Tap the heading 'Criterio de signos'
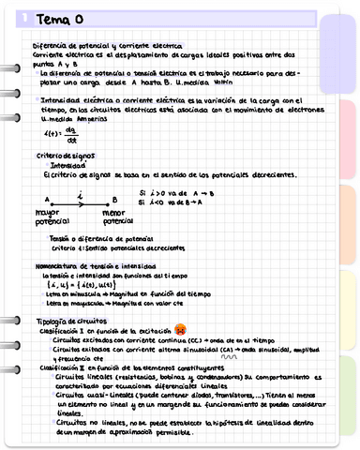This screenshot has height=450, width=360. pyautogui.click(x=63, y=156)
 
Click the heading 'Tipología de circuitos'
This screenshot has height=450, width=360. pyautogui.click(x=67, y=321)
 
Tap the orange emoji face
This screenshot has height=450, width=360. pyautogui.click(x=180, y=331)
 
